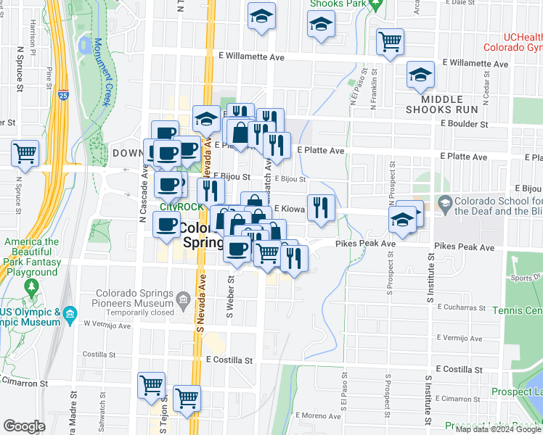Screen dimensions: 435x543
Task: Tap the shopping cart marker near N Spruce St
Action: [x=25, y=154]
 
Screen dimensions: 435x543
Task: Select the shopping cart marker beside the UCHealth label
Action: [x=391, y=41]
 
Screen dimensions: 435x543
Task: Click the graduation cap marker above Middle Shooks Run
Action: [x=420, y=74]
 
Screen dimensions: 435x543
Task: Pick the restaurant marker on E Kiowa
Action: [x=321, y=208]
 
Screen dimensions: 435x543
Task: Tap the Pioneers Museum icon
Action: [x=183, y=299]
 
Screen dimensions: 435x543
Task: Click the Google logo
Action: [x=23, y=426]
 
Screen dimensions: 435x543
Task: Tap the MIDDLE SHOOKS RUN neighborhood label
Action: [x=443, y=104]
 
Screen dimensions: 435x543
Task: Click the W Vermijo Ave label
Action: [x=106, y=325]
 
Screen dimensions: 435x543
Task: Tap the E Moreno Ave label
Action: [x=318, y=416]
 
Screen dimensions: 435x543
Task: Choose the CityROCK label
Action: [x=180, y=206]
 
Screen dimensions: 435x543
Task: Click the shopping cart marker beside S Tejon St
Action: [x=151, y=385]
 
